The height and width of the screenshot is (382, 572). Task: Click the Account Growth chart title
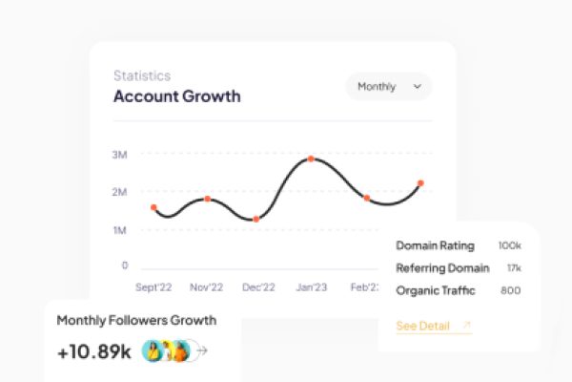click(176, 96)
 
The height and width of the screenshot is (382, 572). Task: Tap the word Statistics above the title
click(142, 75)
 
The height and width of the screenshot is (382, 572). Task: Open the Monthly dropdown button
click(388, 87)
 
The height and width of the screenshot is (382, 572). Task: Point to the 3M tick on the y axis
click(120, 155)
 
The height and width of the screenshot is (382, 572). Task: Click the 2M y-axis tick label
click(120, 193)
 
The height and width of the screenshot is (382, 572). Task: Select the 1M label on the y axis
click(120, 231)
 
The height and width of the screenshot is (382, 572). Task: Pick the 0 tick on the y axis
click(124, 265)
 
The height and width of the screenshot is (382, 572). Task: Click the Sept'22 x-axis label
click(153, 286)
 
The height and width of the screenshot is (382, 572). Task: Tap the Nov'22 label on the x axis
click(206, 286)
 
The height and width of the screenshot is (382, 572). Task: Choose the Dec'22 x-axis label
click(257, 286)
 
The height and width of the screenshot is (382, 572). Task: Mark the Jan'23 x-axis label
click(311, 286)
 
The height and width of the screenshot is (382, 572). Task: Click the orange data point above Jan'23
click(311, 159)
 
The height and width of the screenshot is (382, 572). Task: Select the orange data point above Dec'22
click(256, 220)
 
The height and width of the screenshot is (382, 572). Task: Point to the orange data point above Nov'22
click(207, 199)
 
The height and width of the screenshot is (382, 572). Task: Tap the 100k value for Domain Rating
click(510, 246)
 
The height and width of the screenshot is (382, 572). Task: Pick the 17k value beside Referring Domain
click(513, 268)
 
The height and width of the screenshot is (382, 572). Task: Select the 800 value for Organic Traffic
click(511, 290)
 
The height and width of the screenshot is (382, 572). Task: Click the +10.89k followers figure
click(93, 351)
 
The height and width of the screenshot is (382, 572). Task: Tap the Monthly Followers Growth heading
click(136, 320)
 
